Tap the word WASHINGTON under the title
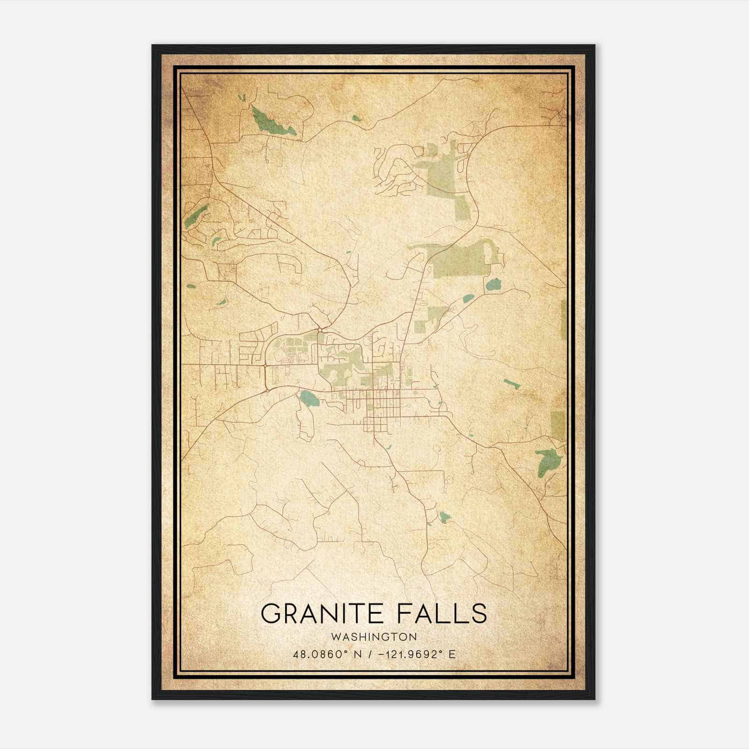click(x=374, y=637)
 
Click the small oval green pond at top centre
click(x=356, y=118)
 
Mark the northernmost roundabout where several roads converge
click(x=320, y=330)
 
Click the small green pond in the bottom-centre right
click(x=444, y=517)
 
